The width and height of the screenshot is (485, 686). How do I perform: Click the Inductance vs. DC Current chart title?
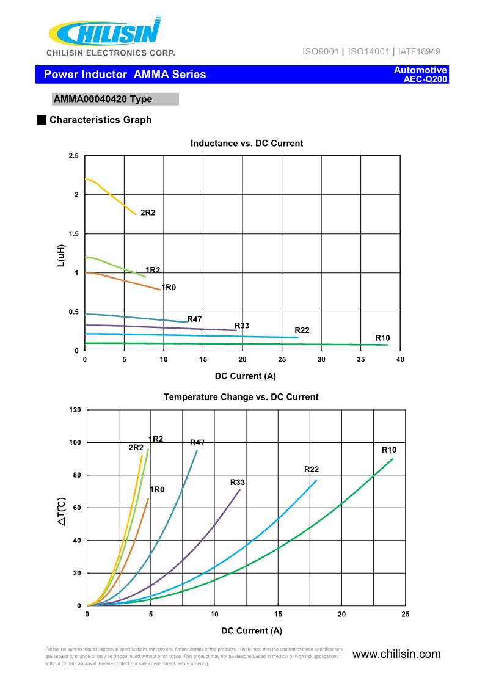247,144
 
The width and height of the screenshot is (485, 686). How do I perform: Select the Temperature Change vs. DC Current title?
241,397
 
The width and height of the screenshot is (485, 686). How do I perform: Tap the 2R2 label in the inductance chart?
148,213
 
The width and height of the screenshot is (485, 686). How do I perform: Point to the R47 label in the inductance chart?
194,319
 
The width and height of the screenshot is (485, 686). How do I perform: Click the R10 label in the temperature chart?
389,450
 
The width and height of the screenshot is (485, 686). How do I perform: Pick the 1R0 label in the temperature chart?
157,490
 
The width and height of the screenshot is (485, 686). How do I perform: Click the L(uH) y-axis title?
61,255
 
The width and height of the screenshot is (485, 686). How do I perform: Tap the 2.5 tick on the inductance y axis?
73,156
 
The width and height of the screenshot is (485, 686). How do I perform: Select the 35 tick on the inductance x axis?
361,359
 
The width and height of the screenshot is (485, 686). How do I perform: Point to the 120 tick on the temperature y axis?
75,410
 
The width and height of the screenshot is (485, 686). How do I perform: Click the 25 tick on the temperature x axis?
406,614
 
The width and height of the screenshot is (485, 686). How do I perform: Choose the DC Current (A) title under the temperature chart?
252,631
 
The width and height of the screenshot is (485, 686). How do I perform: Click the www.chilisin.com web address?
396,654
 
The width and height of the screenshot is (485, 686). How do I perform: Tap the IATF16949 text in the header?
418,52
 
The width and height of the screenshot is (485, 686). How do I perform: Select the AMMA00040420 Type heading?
103,99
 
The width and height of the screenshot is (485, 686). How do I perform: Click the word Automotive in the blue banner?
420,70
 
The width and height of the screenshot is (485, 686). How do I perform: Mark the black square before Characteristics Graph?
42,120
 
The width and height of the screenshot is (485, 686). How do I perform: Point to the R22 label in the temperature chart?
312,470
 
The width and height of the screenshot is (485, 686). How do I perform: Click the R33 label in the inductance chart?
242,326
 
